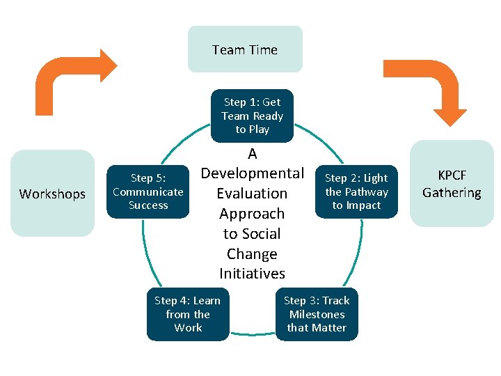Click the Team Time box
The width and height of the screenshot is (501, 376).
pos(245,49)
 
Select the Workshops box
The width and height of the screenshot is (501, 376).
pos(52,194)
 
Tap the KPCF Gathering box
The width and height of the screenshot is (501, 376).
pos(452,185)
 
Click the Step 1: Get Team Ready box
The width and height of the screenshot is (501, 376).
pos(252,116)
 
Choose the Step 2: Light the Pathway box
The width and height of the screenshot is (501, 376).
pos(356,191)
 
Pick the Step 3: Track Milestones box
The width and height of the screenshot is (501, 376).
pos(317,314)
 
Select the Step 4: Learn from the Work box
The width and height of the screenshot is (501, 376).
pos(187,314)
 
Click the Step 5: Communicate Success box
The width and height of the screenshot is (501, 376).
pos(148,191)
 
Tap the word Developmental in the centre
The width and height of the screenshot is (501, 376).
pos(252,173)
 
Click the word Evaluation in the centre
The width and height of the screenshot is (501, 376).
pos(252,193)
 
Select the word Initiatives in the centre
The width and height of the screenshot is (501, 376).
pos(252,274)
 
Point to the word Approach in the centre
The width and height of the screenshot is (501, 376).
pos(252,213)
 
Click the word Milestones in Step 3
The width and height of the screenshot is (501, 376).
pos(317,314)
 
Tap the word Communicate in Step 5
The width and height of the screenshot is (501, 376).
pos(148,191)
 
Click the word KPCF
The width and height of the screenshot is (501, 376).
pos(452,176)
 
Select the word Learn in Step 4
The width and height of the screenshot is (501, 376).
pos(207,301)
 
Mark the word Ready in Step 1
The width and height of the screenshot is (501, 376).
pos(268,116)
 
